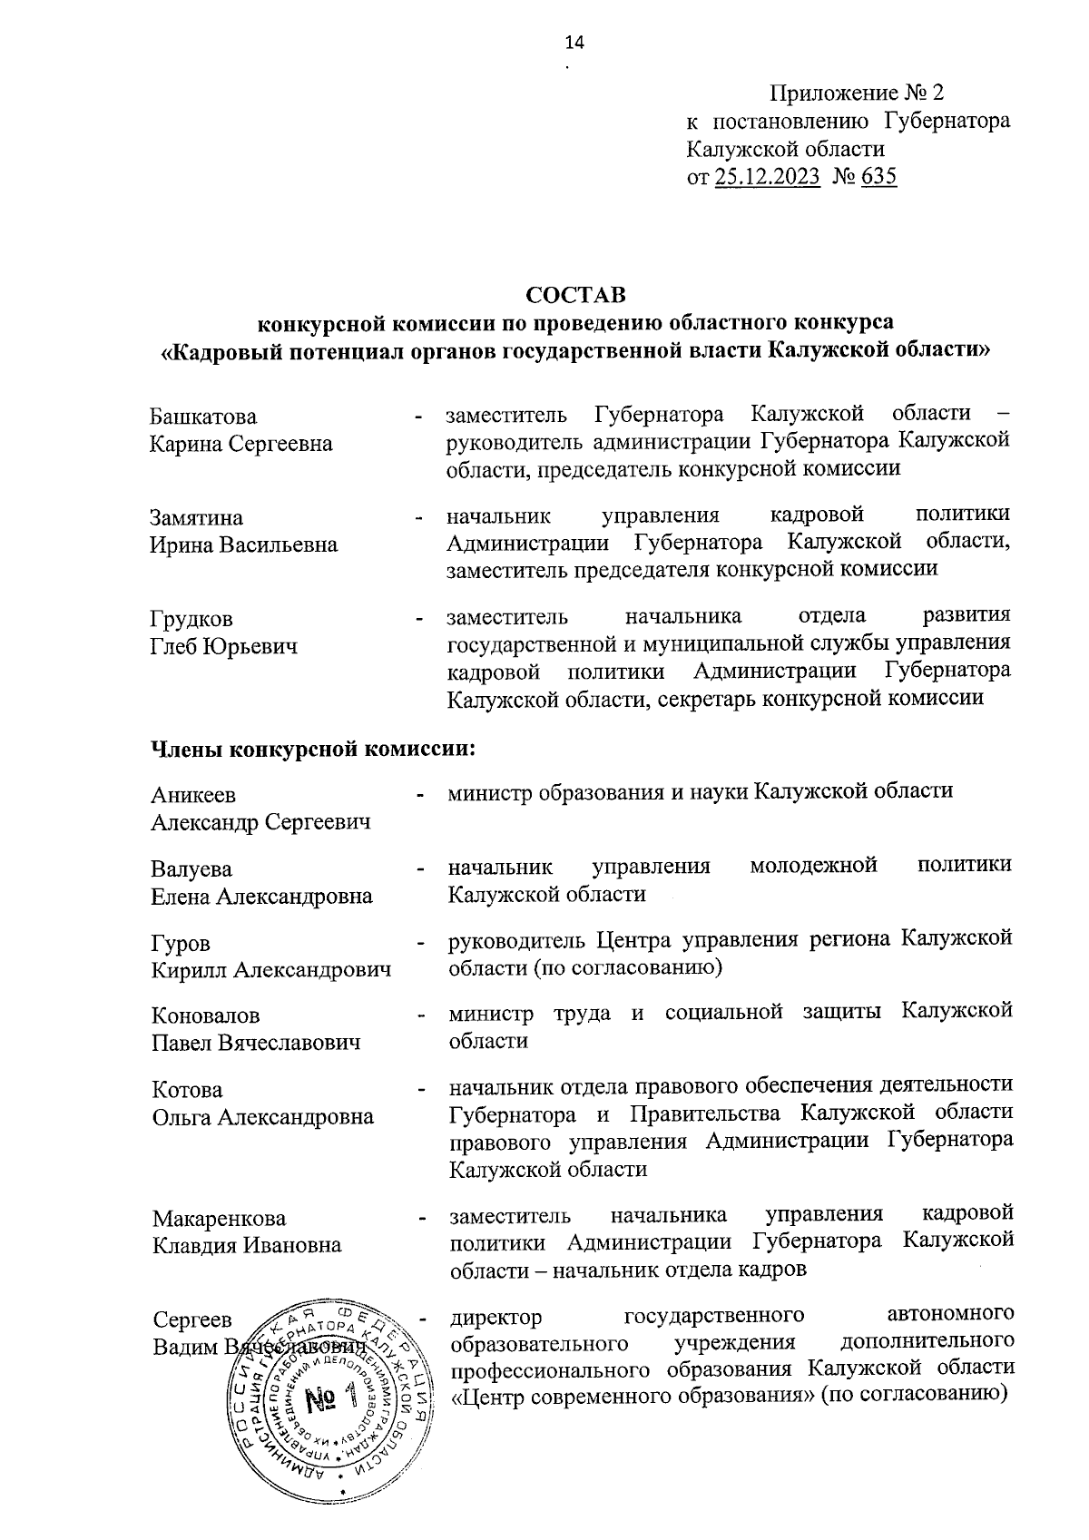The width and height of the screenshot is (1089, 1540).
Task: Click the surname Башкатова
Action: point(203,417)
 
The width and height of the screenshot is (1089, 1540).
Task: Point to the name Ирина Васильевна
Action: point(243,544)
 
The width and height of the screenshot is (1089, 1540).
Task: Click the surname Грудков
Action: point(191,619)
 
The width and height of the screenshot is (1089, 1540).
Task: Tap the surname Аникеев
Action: point(193,795)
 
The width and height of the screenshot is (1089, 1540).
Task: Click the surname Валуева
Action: point(191,869)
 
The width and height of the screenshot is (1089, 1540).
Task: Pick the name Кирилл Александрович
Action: point(271,970)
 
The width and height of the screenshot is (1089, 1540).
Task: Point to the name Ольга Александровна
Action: point(262,1117)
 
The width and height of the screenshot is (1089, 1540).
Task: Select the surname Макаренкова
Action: point(219,1218)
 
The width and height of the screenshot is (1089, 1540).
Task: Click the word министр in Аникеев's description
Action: point(491,791)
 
